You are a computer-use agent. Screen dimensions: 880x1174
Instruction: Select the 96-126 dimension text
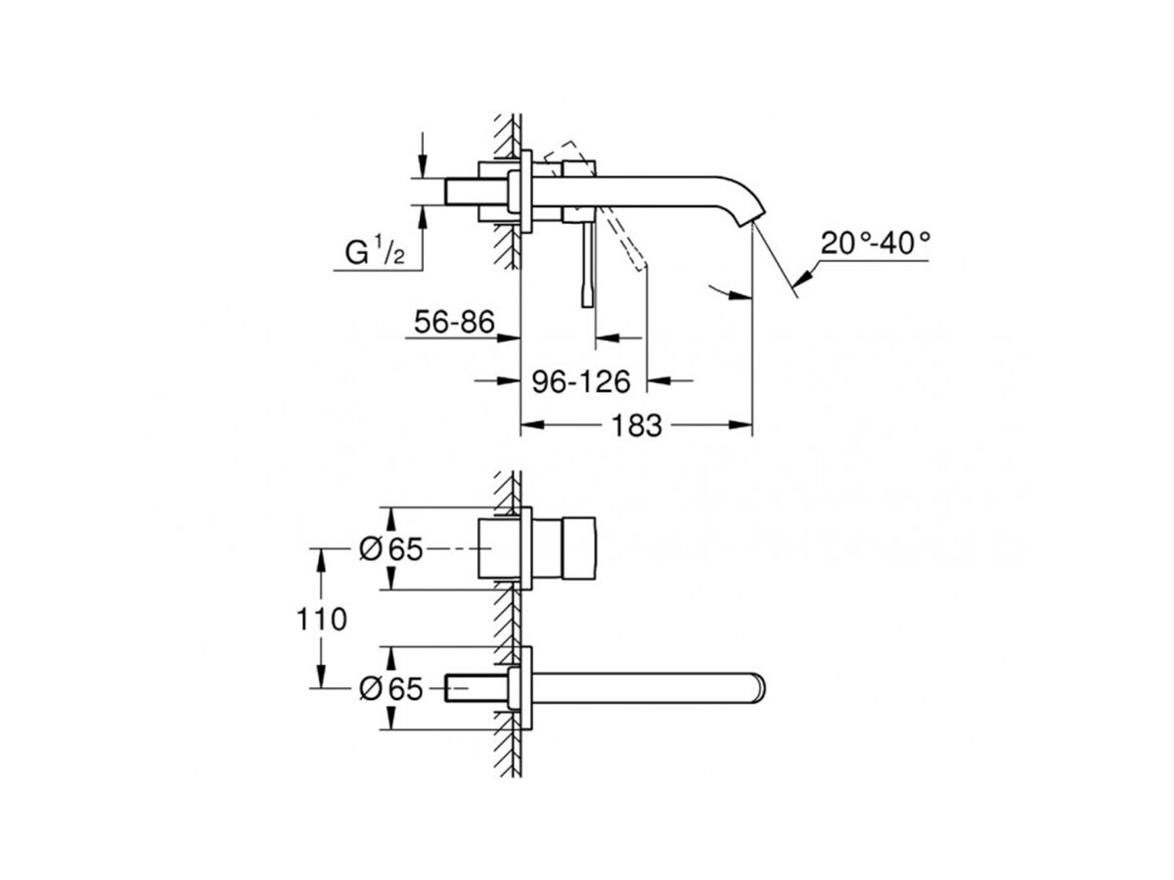581,380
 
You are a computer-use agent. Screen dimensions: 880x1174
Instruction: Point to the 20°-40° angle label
875,242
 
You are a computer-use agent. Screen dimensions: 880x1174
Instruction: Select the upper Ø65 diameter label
389,550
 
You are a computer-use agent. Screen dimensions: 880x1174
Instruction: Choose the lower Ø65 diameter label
389,689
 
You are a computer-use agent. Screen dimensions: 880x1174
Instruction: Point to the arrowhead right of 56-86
508,338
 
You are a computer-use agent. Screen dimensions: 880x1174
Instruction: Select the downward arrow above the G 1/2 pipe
422,167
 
